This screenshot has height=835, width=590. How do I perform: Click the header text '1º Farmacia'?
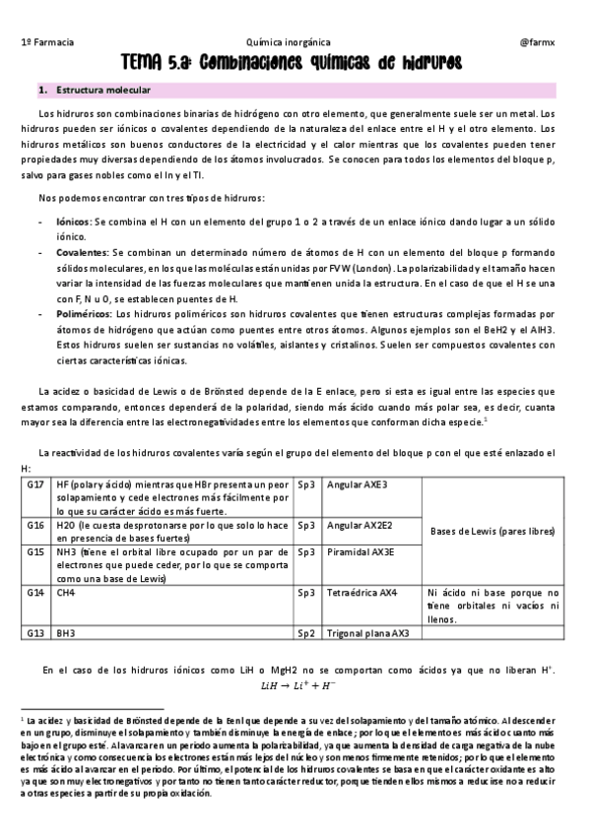click(46, 43)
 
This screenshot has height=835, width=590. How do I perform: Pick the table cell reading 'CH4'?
click(67, 593)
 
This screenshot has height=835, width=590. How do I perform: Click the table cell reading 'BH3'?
click(67, 633)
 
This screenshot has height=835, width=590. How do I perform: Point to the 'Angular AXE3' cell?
click(357, 485)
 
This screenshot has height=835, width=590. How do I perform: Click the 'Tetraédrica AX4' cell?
click(361, 593)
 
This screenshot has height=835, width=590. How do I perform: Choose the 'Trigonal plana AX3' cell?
click(367, 633)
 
